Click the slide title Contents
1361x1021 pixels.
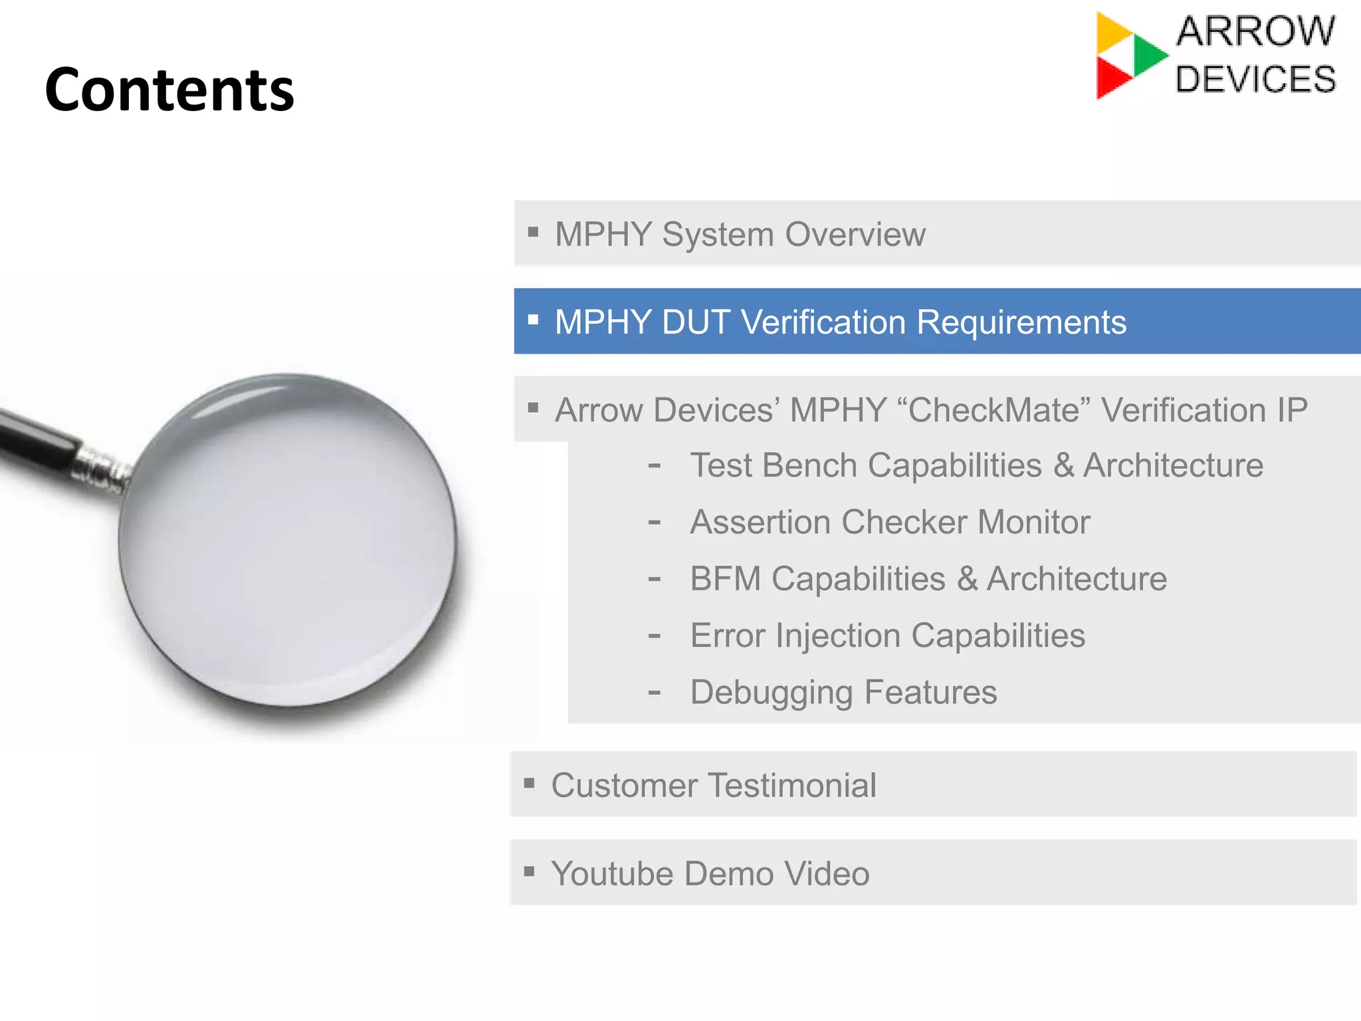pos(169,90)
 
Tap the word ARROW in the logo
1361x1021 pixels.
pos(1255,31)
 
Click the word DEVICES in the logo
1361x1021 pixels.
pos(1255,80)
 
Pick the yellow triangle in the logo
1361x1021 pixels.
pos(1112,32)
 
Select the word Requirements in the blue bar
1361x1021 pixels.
pos(1021,322)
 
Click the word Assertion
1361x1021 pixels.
pos(760,522)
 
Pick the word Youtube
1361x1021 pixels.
pos(612,874)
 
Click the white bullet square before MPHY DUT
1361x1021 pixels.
pos(533,320)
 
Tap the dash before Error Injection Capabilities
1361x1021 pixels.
pos(655,637)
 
